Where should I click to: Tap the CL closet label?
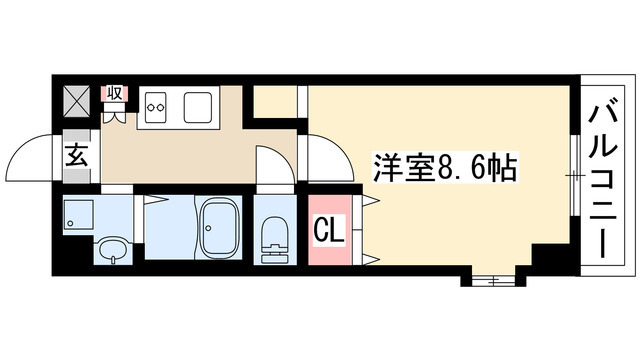[330, 231]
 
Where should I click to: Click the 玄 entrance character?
[77, 156]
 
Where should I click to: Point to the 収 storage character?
[115, 93]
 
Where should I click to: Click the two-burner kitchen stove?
[159, 105]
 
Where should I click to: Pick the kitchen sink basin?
[195, 105]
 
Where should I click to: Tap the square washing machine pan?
[78, 213]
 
